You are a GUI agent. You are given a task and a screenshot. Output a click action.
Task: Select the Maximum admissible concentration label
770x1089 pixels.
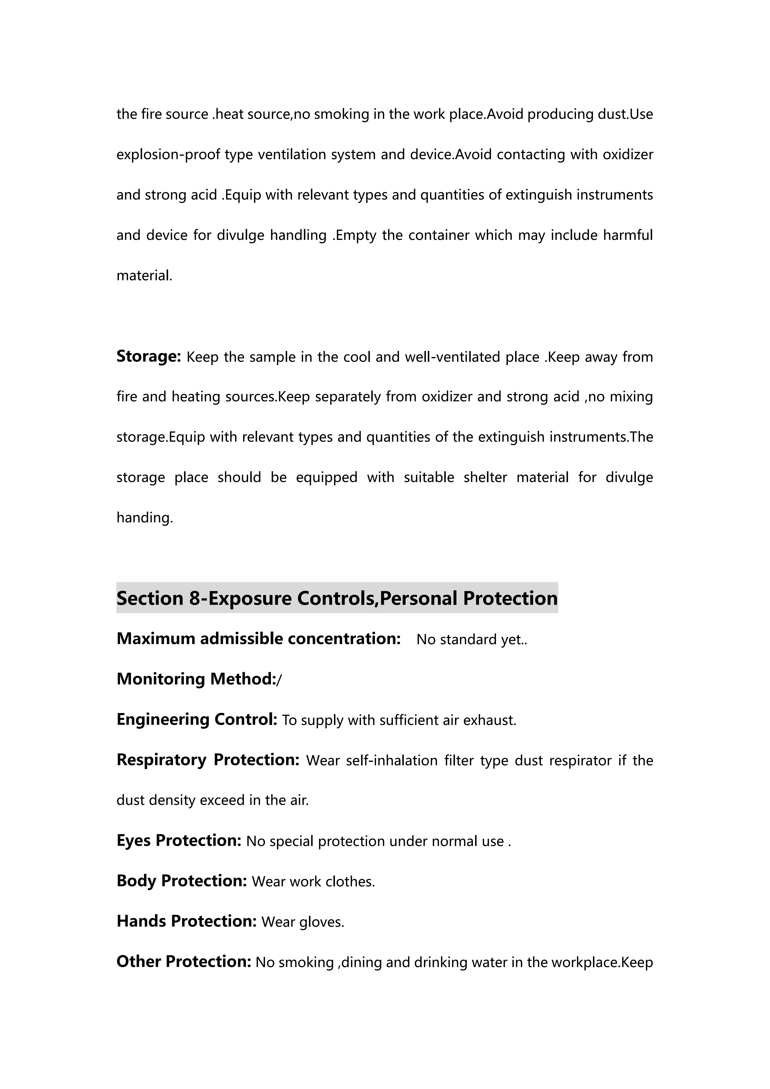pos(259,639)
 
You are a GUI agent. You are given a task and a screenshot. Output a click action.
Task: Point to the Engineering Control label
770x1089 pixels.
pos(197,720)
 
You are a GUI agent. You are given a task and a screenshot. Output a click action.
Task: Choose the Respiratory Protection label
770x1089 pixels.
pos(208,760)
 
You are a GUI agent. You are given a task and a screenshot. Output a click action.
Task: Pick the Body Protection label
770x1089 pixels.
pos(182,881)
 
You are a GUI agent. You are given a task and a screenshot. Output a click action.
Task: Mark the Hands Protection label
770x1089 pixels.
pos(186,921)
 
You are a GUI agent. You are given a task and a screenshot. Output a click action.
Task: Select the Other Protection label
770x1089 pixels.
pos(184,961)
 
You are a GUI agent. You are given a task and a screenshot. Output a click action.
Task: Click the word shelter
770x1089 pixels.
pos(485,477)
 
